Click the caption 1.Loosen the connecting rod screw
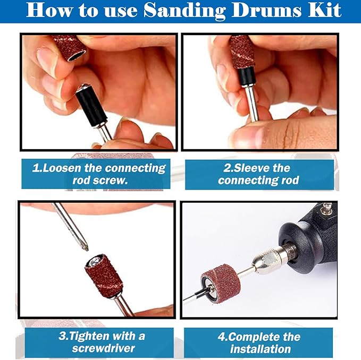click(99, 174)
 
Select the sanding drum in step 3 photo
click(104, 277)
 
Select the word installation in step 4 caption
click(260, 349)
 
